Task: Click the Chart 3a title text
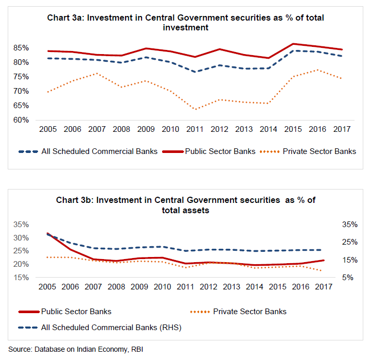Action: (185, 23)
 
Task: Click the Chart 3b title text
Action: (185, 205)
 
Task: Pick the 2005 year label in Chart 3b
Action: (47, 286)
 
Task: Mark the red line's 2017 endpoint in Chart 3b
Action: (323, 260)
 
